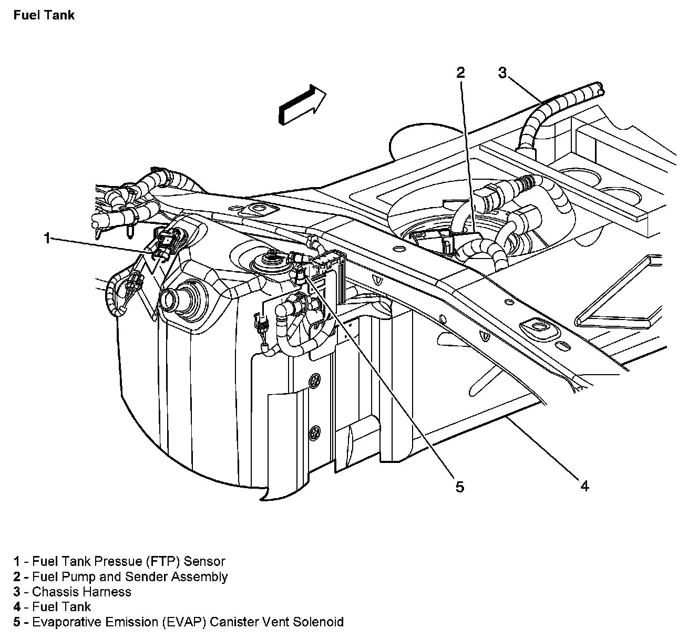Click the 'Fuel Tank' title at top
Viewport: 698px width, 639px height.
coord(44,15)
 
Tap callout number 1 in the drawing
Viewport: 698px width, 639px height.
coord(47,239)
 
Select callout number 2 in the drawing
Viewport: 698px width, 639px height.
coord(460,73)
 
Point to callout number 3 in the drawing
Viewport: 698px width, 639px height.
coord(502,73)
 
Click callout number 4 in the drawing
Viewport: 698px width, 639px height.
coord(584,486)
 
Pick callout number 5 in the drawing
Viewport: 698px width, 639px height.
coord(460,487)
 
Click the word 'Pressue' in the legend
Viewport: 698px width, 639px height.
coord(114,562)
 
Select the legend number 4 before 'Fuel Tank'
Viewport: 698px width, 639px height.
coord(17,607)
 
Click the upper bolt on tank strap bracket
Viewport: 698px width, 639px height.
coord(315,379)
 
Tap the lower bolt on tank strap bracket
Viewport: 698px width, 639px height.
coord(315,430)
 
